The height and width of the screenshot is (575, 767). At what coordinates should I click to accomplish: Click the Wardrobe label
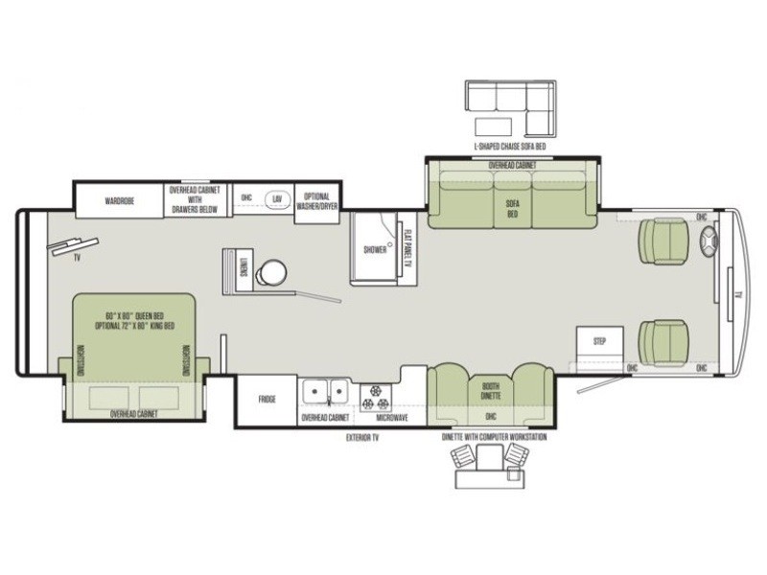(x=119, y=201)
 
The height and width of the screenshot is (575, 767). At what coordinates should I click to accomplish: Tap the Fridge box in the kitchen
(x=267, y=399)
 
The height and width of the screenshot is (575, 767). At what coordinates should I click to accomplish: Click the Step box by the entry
(x=600, y=340)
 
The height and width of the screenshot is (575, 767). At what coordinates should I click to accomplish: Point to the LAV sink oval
(x=277, y=198)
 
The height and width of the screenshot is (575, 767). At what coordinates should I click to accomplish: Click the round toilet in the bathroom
(x=270, y=272)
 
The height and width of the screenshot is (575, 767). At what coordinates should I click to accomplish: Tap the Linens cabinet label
(x=244, y=269)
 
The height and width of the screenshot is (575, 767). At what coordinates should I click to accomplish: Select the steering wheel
(x=710, y=246)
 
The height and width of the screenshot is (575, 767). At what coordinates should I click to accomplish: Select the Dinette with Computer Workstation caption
(x=494, y=437)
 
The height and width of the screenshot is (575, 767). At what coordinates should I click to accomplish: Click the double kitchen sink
(x=327, y=392)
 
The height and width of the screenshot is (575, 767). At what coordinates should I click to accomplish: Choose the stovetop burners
(x=374, y=392)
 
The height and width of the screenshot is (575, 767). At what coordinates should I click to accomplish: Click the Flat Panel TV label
(x=407, y=244)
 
